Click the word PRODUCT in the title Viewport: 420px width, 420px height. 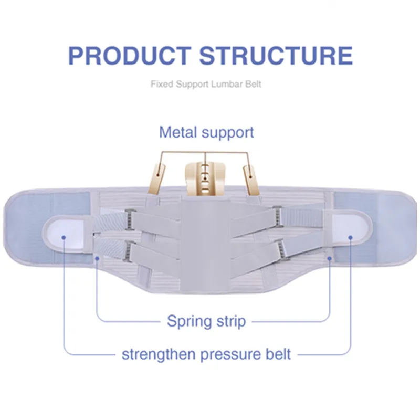tap(127, 56)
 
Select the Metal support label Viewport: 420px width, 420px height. tap(206, 132)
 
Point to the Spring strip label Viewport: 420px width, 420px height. tap(206, 321)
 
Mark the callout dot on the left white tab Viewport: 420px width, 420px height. tap(64, 237)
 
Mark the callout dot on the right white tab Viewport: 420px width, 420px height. tap(351, 237)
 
